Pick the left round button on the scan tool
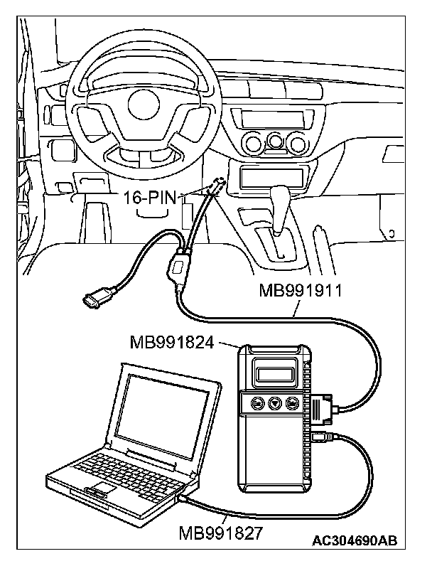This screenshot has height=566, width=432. [258, 403]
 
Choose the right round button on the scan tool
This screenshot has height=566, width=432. [291, 404]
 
